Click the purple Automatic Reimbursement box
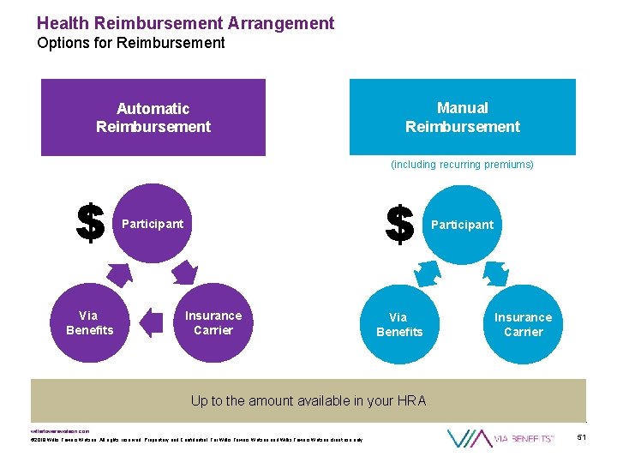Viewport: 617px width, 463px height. (153, 117)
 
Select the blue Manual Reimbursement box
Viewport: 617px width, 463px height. (463, 117)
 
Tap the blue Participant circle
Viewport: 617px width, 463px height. (462, 225)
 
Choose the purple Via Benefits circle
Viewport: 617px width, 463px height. (89, 322)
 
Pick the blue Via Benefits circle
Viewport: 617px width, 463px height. (399, 324)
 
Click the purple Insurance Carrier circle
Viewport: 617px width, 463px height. (213, 322)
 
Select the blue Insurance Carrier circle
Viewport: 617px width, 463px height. (523, 324)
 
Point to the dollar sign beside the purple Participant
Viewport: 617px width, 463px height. (90, 224)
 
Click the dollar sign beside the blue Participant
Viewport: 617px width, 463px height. (400, 225)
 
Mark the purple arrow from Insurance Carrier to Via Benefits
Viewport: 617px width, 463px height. (151, 322)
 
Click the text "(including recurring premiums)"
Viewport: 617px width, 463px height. (462, 164)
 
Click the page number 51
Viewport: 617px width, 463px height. (582, 438)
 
